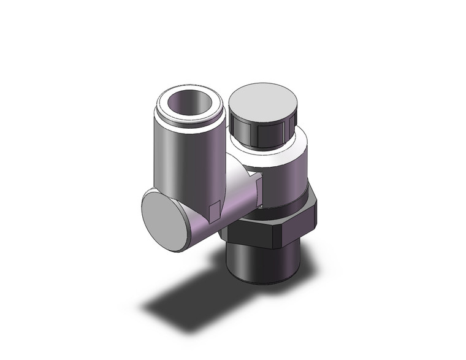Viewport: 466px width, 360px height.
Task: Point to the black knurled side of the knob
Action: click(x=261, y=131)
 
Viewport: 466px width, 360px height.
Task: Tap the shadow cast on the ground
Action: click(x=184, y=301)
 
